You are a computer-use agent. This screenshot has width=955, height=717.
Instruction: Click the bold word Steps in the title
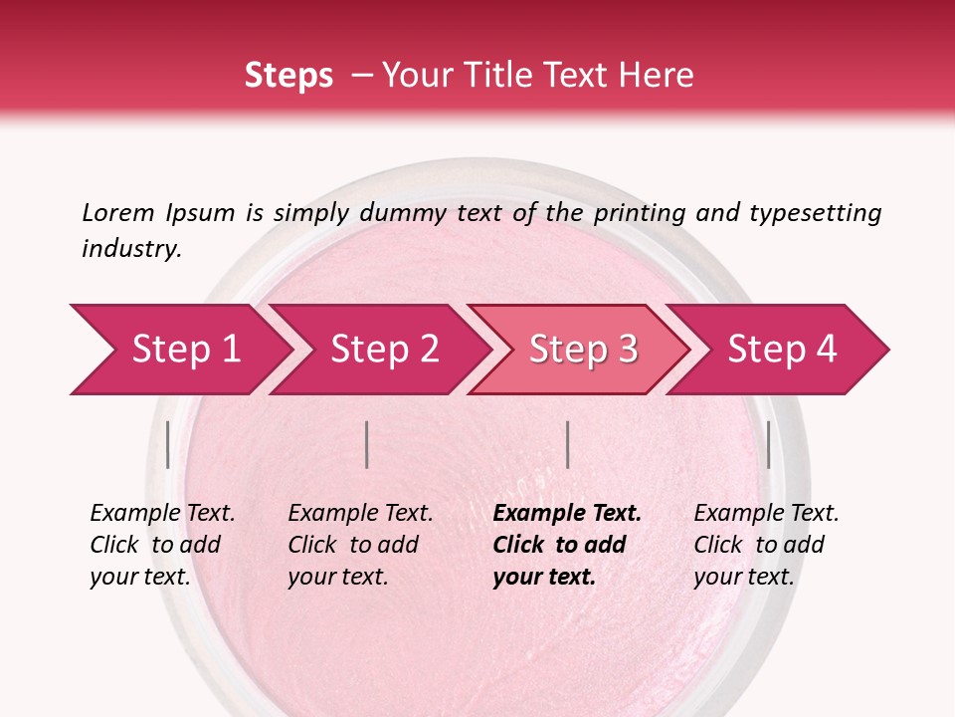pyautogui.click(x=288, y=76)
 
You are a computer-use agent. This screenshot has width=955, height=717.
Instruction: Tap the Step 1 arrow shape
pyautogui.click(x=179, y=350)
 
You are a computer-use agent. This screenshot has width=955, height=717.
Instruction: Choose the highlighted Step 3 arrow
pyautogui.click(x=582, y=350)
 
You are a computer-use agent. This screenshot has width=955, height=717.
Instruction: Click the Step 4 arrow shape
pyautogui.click(x=782, y=350)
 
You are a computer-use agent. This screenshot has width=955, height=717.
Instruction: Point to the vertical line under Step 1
pyautogui.click(x=168, y=444)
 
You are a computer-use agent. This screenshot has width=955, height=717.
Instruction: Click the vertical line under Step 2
pyautogui.click(x=367, y=444)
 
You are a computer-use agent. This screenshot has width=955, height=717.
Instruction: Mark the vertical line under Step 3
pyautogui.click(x=567, y=444)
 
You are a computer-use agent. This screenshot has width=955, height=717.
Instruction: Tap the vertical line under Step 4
pyautogui.click(x=768, y=444)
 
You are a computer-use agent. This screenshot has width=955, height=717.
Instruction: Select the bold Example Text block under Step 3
pyautogui.click(x=567, y=545)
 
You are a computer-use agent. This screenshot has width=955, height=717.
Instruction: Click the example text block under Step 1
pyautogui.click(x=162, y=545)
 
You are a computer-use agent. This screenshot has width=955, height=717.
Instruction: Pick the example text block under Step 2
pyautogui.click(x=360, y=545)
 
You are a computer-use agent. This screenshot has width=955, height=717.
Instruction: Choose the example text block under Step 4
pyautogui.click(x=766, y=545)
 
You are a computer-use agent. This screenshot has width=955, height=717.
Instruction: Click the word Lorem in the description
pyautogui.click(x=118, y=213)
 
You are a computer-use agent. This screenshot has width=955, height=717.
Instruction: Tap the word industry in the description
pyautogui.click(x=131, y=249)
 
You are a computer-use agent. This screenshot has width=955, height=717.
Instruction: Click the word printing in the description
pyautogui.click(x=643, y=213)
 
